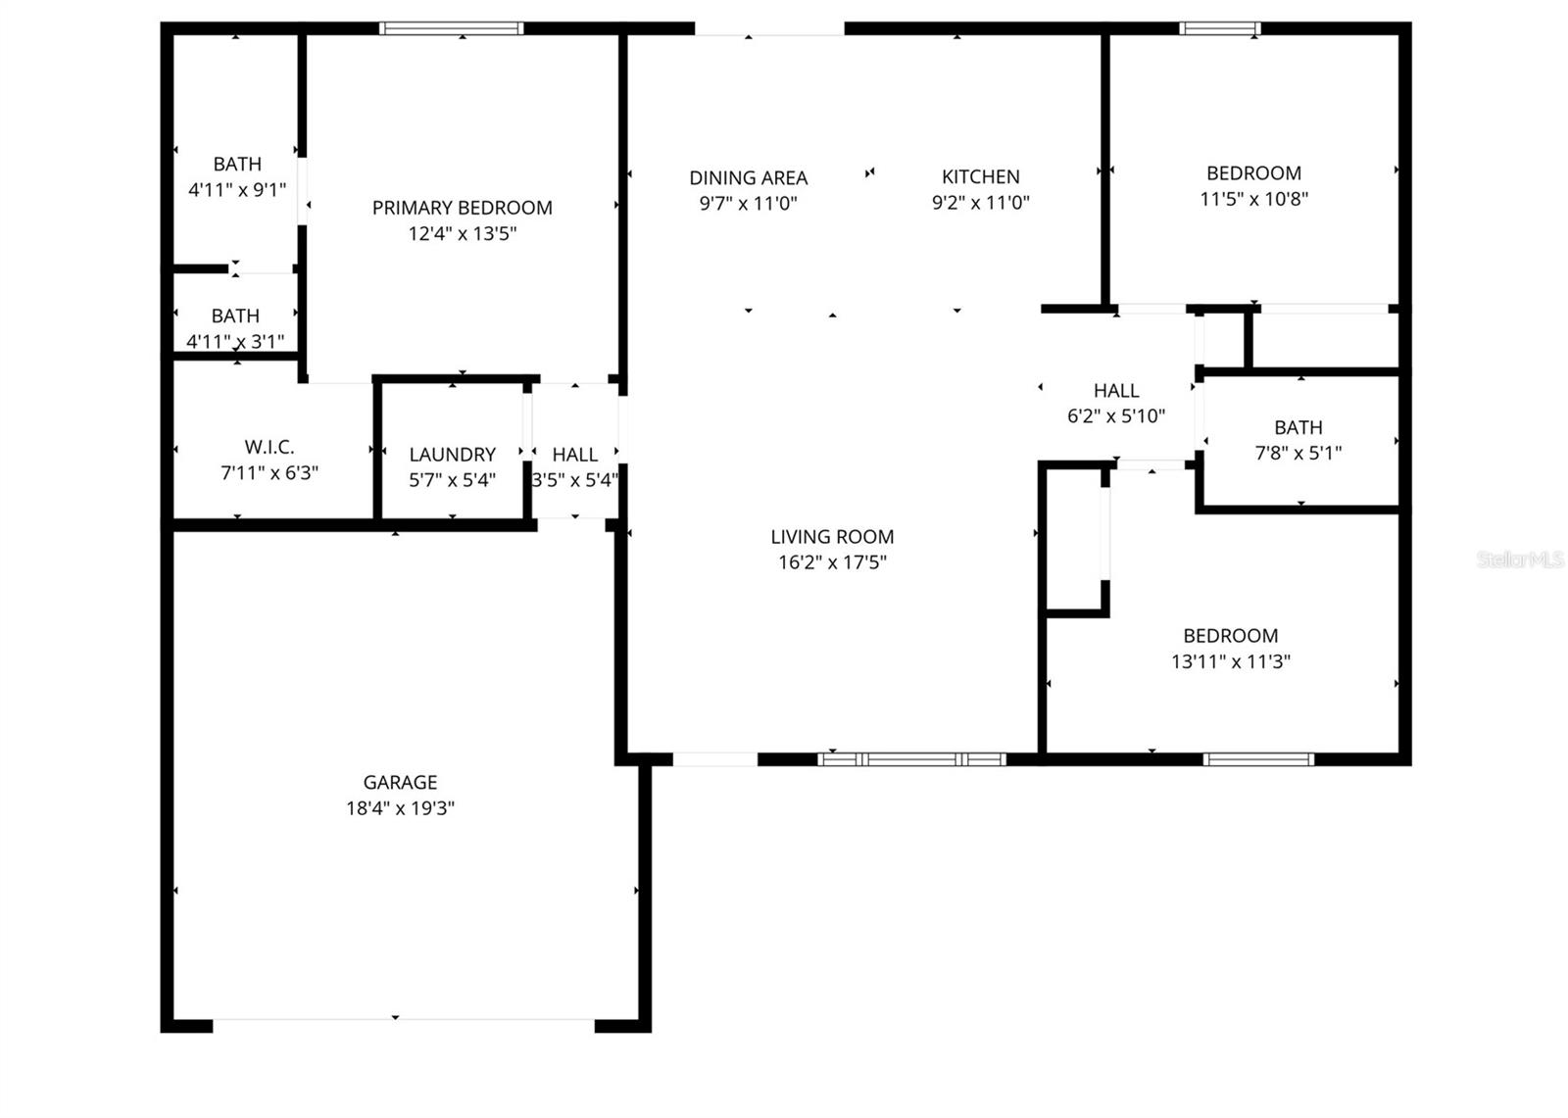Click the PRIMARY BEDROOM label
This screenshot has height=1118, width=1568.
tap(462, 208)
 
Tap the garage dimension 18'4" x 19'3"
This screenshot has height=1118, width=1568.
tap(400, 808)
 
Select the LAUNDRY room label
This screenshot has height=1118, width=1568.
tap(452, 455)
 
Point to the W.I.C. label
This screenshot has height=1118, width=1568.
tap(269, 447)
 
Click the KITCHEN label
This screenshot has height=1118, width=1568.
tap(980, 176)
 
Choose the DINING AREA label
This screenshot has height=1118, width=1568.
tap(748, 177)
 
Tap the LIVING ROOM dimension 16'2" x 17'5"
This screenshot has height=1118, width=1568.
tap(831, 562)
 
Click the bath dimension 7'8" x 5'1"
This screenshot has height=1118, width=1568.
tap(1298, 453)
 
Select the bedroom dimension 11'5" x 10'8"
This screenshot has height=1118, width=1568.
tap(1253, 199)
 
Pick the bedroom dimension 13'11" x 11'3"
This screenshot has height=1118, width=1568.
tap(1230, 661)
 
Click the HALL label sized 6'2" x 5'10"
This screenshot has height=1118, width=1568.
tap(1115, 390)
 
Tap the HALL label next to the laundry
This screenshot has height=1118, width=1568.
tap(574, 455)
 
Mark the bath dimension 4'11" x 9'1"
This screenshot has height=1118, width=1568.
tap(237, 189)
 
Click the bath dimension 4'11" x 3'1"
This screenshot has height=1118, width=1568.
tap(235, 341)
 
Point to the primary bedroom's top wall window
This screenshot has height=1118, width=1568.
tap(451, 28)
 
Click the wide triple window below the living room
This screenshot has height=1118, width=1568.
tap(911, 758)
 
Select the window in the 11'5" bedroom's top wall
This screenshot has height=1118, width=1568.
tap(1219, 28)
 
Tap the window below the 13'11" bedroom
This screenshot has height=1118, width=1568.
tap(1258, 758)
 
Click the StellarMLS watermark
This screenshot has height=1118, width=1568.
tap(1519, 559)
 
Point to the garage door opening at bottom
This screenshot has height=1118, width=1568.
tap(403, 1025)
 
